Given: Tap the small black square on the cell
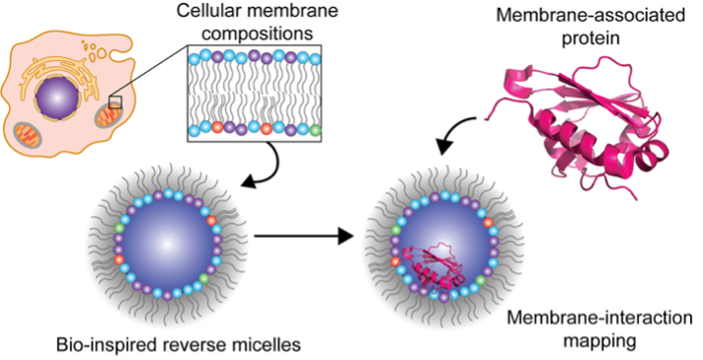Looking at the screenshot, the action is [x=115, y=101].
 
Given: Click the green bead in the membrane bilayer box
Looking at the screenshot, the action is [x=316, y=131].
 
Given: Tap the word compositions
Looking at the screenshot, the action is [x=257, y=33].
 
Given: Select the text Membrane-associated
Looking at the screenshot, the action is [x=591, y=15].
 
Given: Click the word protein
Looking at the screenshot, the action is [x=591, y=38].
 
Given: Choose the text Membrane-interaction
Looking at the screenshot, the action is [x=600, y=318].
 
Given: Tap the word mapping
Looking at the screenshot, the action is [x=600, y=341].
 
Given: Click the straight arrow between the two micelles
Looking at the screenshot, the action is [x=304, y=235].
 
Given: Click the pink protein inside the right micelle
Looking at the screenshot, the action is [x=434, y=268].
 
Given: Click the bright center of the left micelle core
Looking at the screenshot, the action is [x=167, y=244].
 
